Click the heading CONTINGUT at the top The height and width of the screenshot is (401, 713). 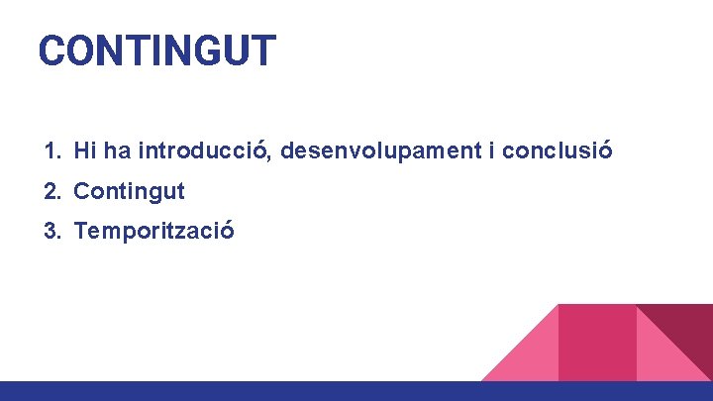(x=156, y=50)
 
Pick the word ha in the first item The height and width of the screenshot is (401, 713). (x=117, y=151)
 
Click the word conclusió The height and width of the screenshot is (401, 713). (x=558, y=151)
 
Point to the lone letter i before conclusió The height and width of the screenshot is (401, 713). (x=492, y=151)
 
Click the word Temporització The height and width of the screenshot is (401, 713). (x=153, y=232)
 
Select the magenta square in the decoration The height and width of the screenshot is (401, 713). (x=596, y=342)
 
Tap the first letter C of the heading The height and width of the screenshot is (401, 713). (x=51, y=50)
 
